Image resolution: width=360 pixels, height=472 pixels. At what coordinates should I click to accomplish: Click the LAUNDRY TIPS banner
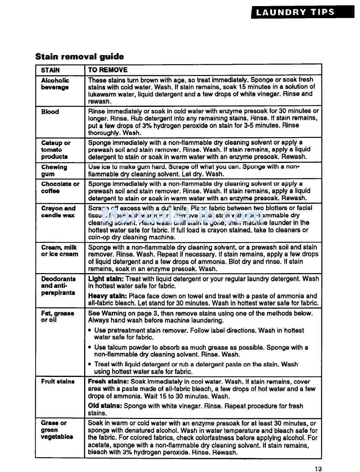click(295, 12)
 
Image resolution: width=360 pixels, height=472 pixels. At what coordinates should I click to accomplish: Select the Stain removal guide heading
click(80, 57)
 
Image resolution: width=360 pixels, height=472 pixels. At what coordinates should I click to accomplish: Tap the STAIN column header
click(50, 70)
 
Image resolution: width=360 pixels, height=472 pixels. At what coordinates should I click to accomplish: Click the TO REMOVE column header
click(108, 70)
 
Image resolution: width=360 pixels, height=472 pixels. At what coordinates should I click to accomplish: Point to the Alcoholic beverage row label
click(55, 84)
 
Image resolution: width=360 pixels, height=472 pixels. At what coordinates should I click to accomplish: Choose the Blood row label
click(50, 112)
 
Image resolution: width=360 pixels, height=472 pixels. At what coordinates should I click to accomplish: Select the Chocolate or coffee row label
click(60, 187)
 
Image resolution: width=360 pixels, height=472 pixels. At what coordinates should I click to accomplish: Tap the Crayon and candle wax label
click(58, 212)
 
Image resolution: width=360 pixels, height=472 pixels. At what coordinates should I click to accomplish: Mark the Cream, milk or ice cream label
click(59, 251)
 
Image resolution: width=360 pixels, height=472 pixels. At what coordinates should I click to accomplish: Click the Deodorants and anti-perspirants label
click(58, 286)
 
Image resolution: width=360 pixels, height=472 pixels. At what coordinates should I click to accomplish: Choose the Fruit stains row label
click(58, 381)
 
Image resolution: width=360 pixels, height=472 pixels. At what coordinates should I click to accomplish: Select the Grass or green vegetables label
click(57, 430)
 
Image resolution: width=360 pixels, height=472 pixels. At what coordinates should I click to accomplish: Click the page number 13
click(318, 469)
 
